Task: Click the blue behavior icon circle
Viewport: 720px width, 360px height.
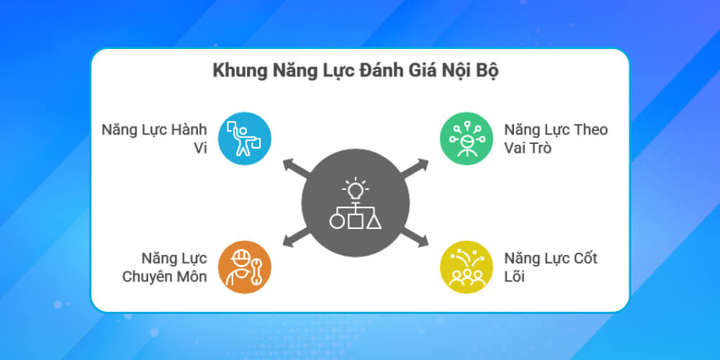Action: point(245,139)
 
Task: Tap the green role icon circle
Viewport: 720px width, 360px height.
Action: point(467,139)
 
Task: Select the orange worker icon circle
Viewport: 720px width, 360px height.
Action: point(245,266)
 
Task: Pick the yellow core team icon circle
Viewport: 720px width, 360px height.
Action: point(467,266)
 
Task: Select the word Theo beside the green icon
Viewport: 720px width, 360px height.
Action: point(590,130)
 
